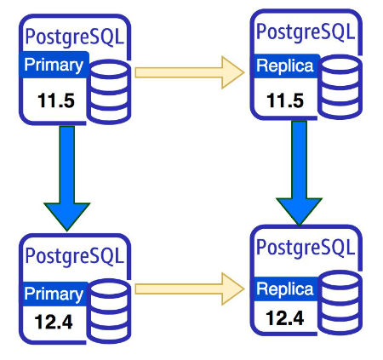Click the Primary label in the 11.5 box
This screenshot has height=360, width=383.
coord(54,65)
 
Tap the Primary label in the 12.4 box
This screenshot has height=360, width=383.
coord(54,294)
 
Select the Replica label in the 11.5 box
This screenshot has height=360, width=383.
coord(285,66)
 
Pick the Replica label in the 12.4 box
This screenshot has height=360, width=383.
coord(285,289)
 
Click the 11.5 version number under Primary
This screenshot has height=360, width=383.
coord(56,100)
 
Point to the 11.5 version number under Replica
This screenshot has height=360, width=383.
coord(285,100)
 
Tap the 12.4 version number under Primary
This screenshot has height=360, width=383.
coord(54,322)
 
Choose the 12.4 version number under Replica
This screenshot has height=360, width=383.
coord(285,317)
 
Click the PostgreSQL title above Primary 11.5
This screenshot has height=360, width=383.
coord(75,37)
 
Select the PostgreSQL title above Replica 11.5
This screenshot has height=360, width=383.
coord(306,31)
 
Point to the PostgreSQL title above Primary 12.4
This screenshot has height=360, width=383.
coord(75,256)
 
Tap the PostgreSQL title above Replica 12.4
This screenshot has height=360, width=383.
coord(306,248)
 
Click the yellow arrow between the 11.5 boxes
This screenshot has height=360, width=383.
coord(190,72)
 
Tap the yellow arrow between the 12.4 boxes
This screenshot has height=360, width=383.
coord(190,289)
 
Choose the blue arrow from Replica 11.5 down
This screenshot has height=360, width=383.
coord(300,174)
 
